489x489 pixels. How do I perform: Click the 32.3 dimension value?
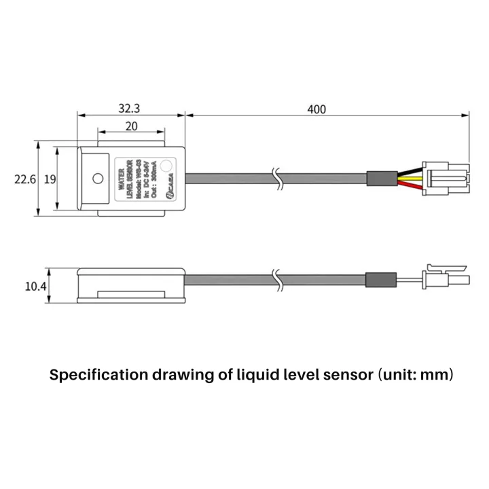pyautogui.click(x=130, y=108)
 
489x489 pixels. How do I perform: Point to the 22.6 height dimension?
pyautogui.click(x=25, y=180)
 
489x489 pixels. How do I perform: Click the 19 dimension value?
pyautogui.click(x=49, y=180)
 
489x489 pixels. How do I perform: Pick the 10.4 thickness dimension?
pyautogui.click(x=35, y=287)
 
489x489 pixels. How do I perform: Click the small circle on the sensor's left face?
pyautogui.click(x=98, y=179)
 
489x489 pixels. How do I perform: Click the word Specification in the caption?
pyautogui.click(x=98, y=375)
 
